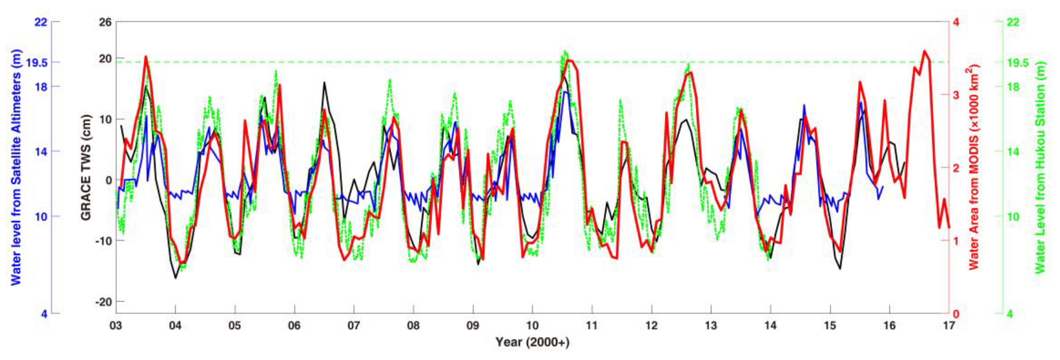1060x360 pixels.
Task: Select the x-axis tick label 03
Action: coord(116,325)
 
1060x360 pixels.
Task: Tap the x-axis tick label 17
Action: coord(949,325)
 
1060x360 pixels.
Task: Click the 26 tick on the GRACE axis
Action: coord(105,22)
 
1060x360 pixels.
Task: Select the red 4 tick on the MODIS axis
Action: coord(956,22)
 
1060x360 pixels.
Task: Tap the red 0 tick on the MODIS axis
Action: coord(956,314)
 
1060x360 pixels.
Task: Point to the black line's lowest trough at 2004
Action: coord(175,278)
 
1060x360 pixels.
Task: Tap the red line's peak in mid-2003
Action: coord(146,57)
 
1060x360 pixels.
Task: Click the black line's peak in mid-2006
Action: coord(324,82)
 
